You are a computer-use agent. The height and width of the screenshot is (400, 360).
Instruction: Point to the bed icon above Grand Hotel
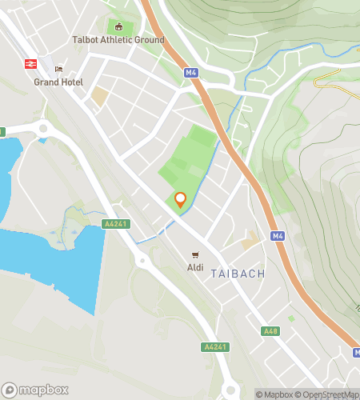click(58, 69)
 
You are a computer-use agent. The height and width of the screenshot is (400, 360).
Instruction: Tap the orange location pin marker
click(181, 200)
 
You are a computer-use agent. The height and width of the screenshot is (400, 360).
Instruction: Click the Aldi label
click(195, 266)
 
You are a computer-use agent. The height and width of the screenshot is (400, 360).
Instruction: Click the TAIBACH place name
click(238, 274)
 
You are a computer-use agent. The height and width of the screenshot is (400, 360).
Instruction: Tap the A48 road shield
click(270, 330)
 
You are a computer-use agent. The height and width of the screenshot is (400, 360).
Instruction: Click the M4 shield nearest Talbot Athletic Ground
click(190, 73)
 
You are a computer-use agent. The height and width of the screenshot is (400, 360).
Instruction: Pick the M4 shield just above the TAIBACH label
click(277, 236)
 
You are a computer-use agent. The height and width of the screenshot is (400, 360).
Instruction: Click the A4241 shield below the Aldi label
click(215, 347)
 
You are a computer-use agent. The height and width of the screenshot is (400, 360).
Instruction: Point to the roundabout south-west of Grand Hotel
click(41, 130)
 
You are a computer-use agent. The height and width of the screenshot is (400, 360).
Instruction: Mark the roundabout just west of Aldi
click(142, 260)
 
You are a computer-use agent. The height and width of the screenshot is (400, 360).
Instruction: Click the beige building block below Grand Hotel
click(99, 97)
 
